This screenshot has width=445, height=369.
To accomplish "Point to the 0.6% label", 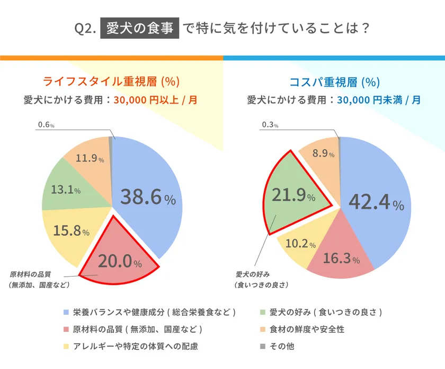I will [46, 125].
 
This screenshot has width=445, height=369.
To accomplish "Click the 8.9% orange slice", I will [322, 154].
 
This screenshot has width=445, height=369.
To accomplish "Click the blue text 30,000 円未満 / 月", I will [379, 99].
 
